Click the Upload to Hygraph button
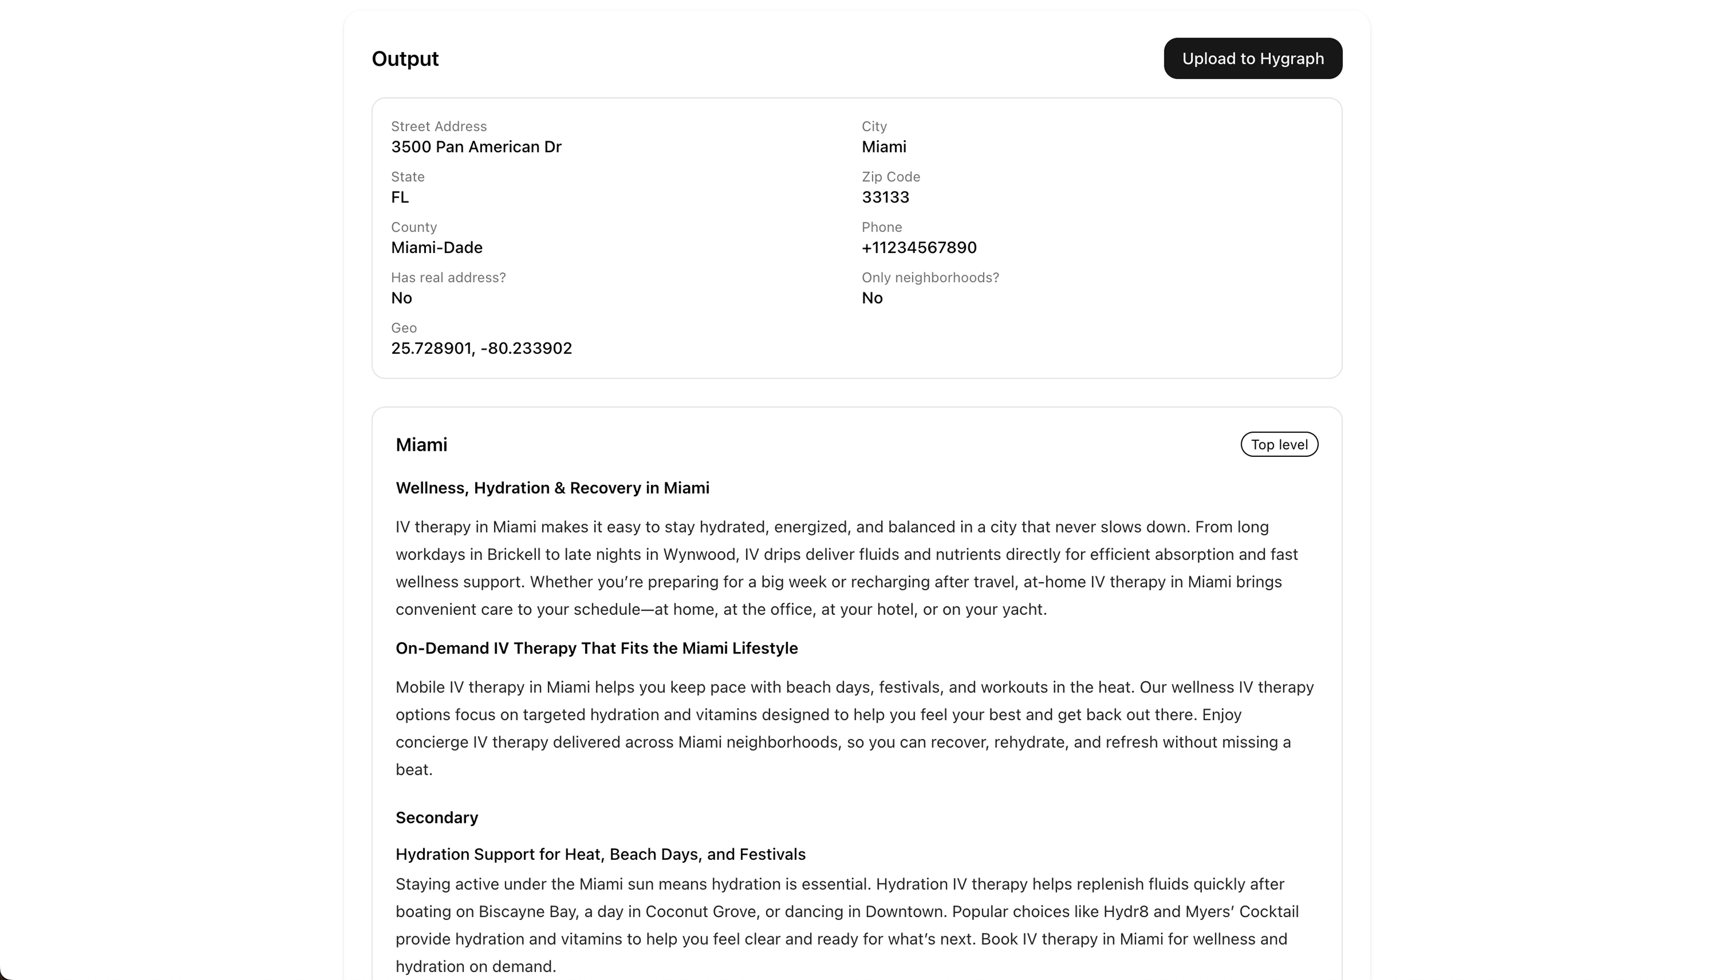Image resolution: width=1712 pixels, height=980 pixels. pos(1252,58)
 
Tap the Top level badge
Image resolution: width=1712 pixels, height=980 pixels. pos(1279,444)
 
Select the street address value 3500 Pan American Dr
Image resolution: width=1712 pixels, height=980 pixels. pos(476,147)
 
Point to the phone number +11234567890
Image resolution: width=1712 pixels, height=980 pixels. pos(918,248)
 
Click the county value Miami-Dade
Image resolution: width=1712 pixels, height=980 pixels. pos(436,248)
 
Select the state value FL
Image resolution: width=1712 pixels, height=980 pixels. pos(400,197)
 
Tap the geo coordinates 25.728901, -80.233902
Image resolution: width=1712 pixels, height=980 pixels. pos(481,348)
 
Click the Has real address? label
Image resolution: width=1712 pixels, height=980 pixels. pos(448,277)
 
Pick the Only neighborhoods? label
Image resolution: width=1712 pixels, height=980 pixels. pos(929,277)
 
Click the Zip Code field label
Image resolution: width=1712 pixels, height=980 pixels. pos(890,176)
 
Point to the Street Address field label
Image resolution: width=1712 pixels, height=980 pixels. pos(438,126)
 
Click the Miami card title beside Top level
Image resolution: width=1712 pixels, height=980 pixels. pos(421,444)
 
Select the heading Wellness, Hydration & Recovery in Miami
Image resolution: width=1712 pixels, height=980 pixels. pos(552,488)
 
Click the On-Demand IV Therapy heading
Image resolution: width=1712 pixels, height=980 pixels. pos(596,648)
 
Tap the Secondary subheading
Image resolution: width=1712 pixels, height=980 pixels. pos(436,817)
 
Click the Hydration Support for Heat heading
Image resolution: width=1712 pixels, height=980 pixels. pos(600,854)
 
